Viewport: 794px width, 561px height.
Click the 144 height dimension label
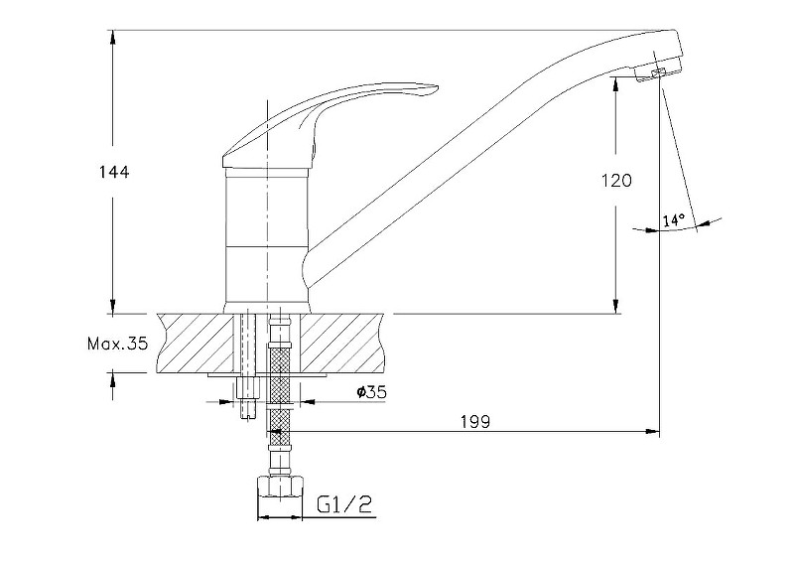tap(114, 172)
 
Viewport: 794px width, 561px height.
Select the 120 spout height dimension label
tap(616, 180)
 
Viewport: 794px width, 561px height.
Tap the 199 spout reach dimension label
tap(475, 421)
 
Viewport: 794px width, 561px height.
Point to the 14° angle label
tap(674, 220)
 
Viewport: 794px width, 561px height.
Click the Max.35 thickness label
tap(118, 345)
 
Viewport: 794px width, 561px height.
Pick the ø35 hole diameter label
tap(371, 392)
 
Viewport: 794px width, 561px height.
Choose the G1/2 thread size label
tap(344, 503)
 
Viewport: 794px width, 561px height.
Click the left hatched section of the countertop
tap(195, 343)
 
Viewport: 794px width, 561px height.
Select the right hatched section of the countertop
tap(342, 343)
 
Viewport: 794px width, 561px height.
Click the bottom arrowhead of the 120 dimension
tap(615, 306)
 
